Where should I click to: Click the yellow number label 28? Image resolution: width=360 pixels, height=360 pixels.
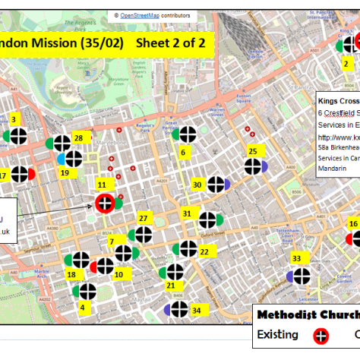point(77,137)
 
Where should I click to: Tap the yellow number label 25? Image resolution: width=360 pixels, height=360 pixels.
point(252,151)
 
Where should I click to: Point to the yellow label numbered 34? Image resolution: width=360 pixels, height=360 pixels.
point(82,308)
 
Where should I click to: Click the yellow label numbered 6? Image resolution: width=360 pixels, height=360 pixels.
point(182,152)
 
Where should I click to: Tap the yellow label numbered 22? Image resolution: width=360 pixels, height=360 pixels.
point(204,252)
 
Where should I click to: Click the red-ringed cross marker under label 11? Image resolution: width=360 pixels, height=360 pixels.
point(105,203)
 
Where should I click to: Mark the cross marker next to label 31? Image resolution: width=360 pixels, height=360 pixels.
point(207,220)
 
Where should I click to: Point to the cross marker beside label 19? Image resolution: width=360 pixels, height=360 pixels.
point(73,159)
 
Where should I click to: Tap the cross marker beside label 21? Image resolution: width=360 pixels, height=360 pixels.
point(175,272)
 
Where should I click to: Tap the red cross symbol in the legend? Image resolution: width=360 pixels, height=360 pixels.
point(321,335)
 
